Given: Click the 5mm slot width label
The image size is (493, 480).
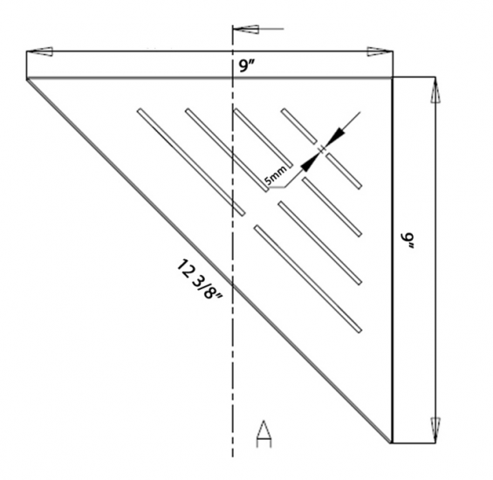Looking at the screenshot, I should [278, 179].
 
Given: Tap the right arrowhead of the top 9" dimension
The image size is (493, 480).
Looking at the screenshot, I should [378, 51].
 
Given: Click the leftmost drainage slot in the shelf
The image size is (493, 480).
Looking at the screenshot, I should [189, 161].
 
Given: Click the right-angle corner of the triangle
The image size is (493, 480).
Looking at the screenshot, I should [391, 78].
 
